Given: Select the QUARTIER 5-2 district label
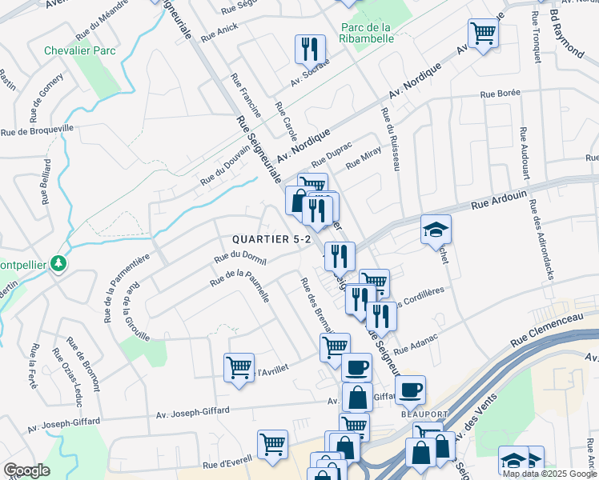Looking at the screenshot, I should tap(271, 239).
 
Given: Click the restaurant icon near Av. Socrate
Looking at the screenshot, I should tap(309, 49).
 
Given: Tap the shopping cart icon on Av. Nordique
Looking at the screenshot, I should tap(483, 34).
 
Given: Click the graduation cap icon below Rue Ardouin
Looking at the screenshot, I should tap(436, 230).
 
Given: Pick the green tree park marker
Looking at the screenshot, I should tap(58, 263).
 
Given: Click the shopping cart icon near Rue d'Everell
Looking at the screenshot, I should tap(272, 445).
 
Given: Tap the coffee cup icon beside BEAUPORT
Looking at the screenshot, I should tap(410, 390).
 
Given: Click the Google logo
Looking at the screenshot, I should tap(26, 470).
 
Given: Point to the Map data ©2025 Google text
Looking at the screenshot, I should tap(549, 474).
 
